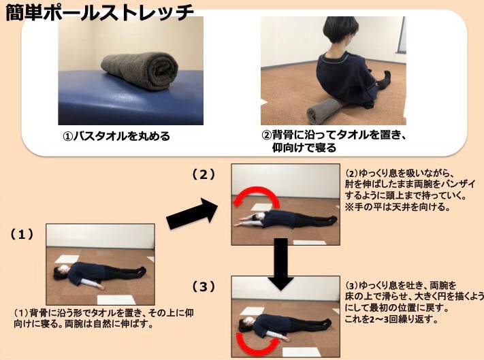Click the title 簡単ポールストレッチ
click(99, 12)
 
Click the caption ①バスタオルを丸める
click(116, 136)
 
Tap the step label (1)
click(22, 235)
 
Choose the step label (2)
click(204, 175)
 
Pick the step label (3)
click(204, 287)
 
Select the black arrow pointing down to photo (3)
click(280, 264)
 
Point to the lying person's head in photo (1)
click(60, 272)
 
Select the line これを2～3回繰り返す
click(391, 319)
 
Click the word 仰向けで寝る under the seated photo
click(304, 148)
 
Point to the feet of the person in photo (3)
click(325, 324)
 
